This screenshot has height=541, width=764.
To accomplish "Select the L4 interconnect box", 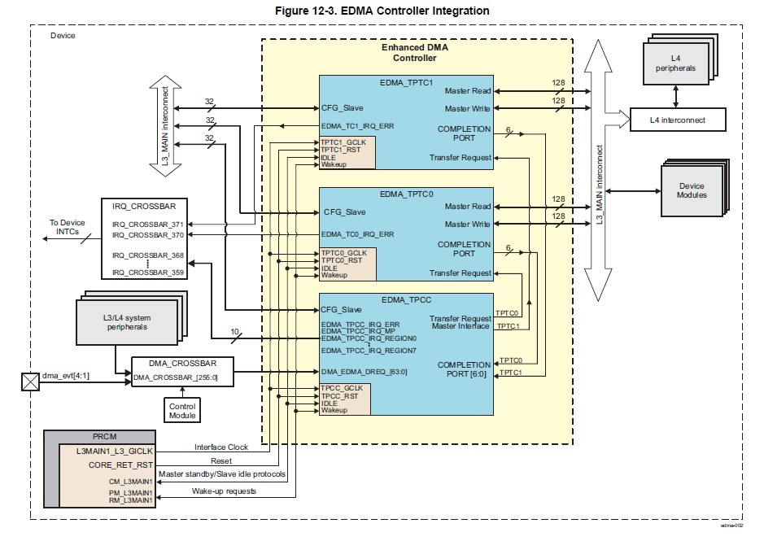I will tap(677, 120).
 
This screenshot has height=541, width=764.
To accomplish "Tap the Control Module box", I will tap(182, 410).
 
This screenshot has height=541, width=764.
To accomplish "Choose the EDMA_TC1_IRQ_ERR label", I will tap(357, 126).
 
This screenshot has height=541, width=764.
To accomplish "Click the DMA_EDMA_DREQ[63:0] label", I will tap(363, 372).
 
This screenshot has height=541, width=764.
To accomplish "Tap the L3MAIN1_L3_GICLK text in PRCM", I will tap(115, 451).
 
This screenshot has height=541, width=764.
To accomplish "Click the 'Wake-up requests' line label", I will tap(224, 491).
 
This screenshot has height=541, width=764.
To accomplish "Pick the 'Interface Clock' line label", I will tap(222, 447).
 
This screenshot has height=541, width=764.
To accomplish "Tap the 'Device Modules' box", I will tap(692, 190).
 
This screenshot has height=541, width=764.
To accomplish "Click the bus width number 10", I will tap(236, 332).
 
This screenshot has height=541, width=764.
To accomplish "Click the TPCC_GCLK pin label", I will tap(342, 388).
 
